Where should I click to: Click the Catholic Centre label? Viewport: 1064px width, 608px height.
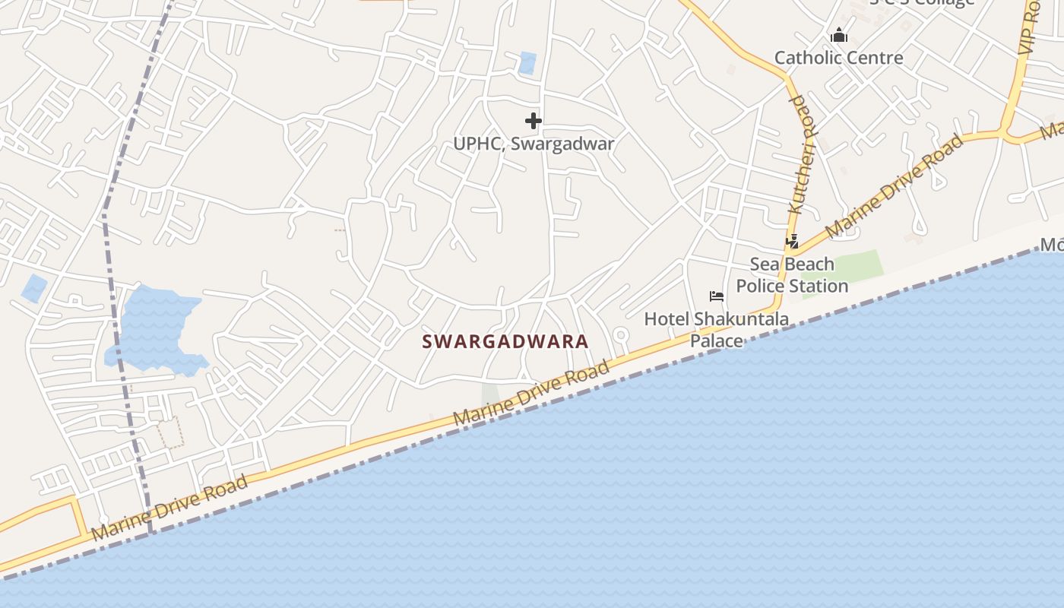click(838, 58)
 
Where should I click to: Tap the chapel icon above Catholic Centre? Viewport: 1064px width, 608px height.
click(838, 35)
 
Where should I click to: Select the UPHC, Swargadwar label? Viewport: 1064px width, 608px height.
click(534, 144)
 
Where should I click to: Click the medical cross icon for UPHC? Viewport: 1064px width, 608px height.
click(534, 120)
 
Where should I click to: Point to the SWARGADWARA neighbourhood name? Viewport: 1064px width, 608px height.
click(505, 342)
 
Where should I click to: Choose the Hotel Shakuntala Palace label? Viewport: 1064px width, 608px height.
click(716, 330)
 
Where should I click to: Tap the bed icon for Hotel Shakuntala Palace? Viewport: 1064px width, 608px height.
click(716, 296)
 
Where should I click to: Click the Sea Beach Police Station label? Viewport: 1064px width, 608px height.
click(792, 275)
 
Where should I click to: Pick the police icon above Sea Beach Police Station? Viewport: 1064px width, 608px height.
click(792, 242)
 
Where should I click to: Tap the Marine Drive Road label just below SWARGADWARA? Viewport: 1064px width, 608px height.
click(531, 394)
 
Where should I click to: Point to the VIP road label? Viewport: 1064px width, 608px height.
click(1029, 27)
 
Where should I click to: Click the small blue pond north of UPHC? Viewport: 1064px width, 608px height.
click(527, 62)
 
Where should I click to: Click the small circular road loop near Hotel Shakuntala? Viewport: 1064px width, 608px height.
click(620, 334)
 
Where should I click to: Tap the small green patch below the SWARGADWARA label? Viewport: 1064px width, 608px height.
click(490, 394)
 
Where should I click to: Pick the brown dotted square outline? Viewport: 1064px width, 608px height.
click(170, 432)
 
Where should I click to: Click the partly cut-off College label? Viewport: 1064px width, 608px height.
click(921, 2)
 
